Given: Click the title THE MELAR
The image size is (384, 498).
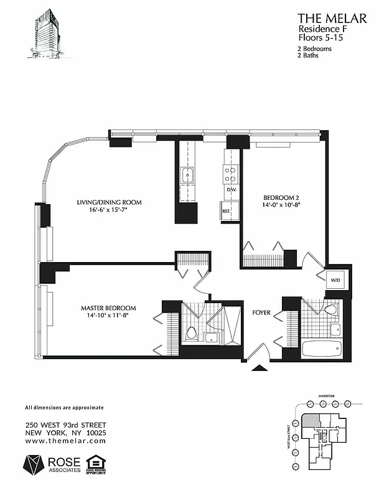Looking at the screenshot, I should pyautogui.click(x=332, y=19).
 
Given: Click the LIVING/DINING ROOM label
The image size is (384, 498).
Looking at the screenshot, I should pyautogui.click(x=110, y=202).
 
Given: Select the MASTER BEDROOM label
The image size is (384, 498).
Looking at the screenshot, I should pyautogui.click(x=108, y=308).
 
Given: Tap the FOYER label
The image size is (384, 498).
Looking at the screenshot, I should pyautogui.click(x=261, y=312).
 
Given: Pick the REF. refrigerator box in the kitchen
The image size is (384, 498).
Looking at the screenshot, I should pyautogui.click(x=227, y=211).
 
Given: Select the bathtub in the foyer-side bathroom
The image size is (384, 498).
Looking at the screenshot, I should pyautogui.click(x=321, y=349).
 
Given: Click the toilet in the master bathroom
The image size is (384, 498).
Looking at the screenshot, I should pyautogui.click(x=192, y=333).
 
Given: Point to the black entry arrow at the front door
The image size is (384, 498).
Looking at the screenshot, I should pyautogui.click(x=256, y=368).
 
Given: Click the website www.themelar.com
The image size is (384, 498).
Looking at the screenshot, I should pyautogui.click(x=65, y=441).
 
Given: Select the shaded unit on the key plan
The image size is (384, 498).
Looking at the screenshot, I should pyautogui.click(x=313, y=420).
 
